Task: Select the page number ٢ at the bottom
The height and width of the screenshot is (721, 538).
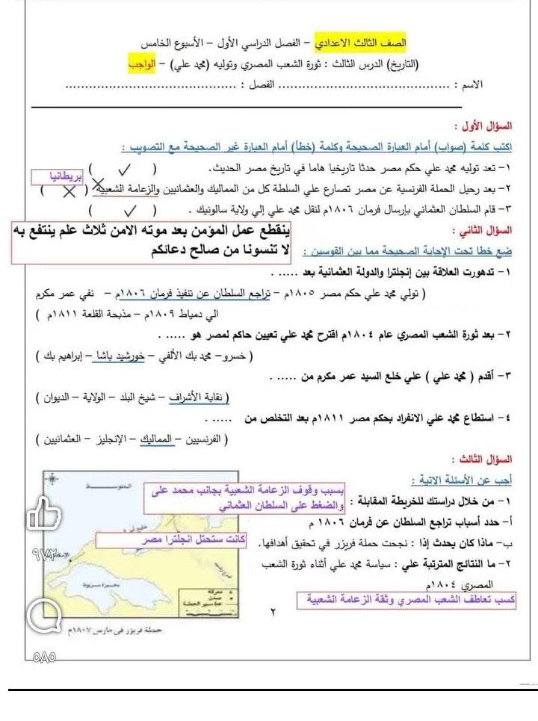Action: [272, 613]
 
